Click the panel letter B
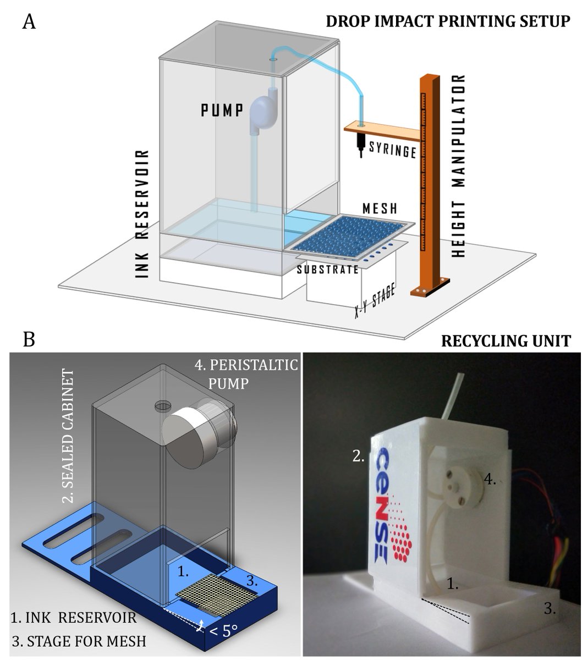click(29, 339)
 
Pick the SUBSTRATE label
click(328, 269)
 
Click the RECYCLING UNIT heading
click(506, 341)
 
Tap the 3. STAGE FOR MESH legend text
click(78, 641)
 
